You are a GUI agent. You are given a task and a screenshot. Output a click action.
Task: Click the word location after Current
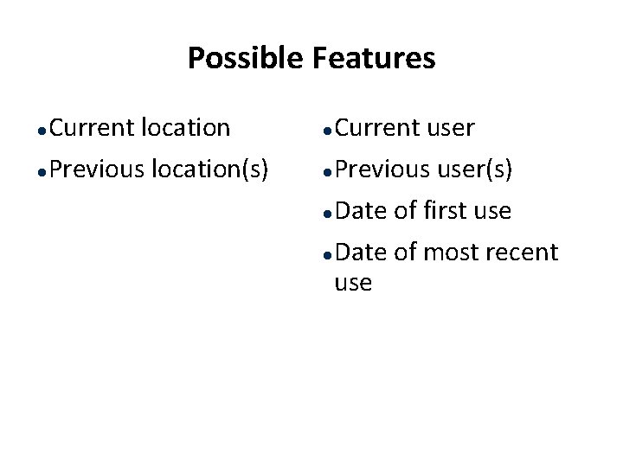[185, 128]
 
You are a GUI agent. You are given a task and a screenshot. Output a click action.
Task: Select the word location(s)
[209, 170]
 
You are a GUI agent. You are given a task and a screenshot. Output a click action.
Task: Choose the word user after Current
[451, 129]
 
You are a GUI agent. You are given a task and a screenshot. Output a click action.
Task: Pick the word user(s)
[474, 170]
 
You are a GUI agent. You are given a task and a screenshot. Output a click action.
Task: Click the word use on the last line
[353, 283]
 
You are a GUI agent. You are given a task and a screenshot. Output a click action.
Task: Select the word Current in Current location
[91, 128]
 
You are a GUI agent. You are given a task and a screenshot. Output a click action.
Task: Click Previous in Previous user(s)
[382, 170]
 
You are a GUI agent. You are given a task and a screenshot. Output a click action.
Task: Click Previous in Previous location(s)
[96, 170]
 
